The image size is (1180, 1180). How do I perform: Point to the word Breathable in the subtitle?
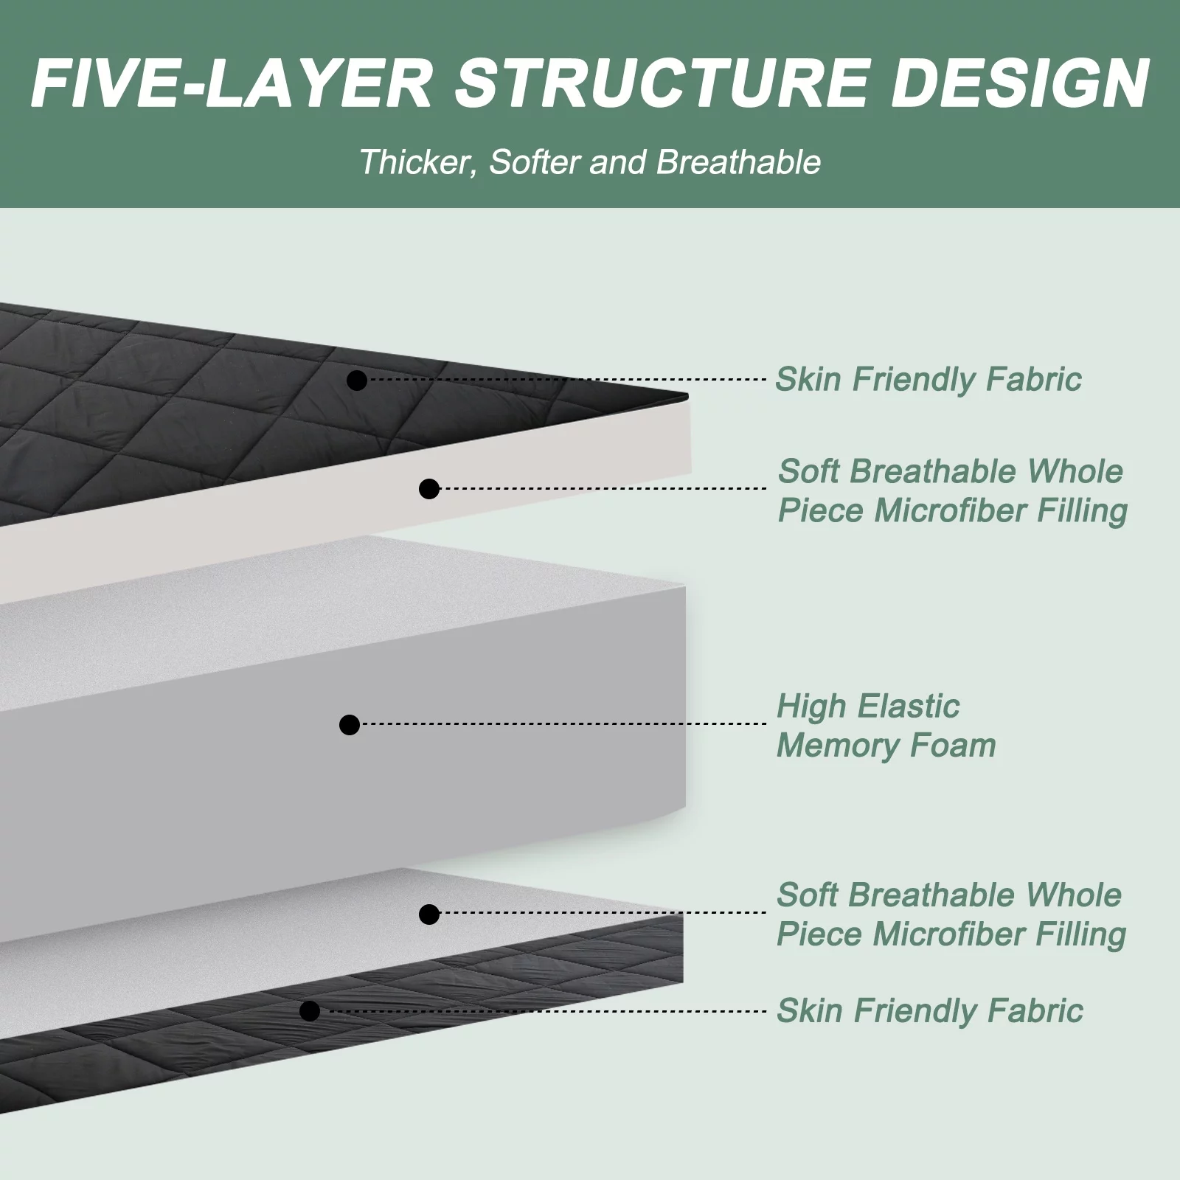click(x=738, y=162)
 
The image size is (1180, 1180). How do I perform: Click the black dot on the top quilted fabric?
click(x=357, y=381)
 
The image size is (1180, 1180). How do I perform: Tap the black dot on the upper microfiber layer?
click(x=429, y=488)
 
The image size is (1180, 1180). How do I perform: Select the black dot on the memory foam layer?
click(x=350, y=724)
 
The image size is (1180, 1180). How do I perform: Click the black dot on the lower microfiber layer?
click(x=429, y=914)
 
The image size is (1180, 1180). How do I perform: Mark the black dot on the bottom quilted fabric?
click(x=310, y=1010)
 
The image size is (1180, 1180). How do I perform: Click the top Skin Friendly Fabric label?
click(x=929, y=379)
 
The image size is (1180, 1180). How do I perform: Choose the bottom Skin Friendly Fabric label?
click(x=929, y=1010)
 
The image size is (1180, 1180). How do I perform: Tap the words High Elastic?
click(x=868, y=707)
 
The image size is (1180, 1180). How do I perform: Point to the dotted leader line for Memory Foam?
click(x=564, y=724)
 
